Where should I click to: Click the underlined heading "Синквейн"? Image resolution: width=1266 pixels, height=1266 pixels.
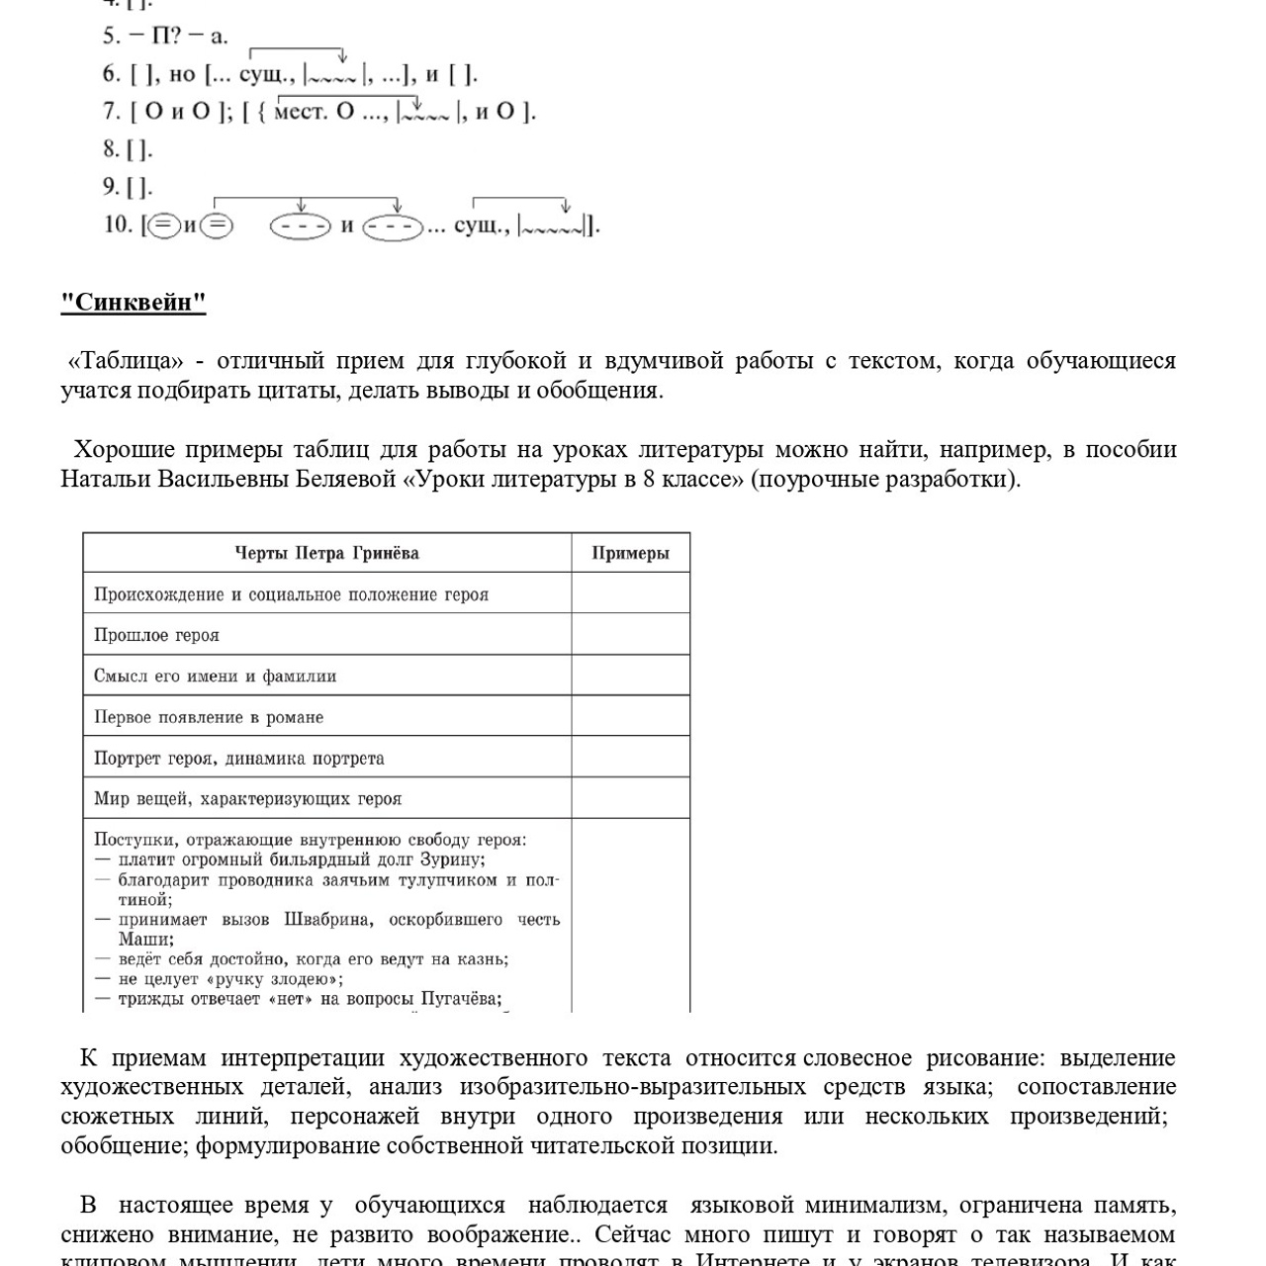134,303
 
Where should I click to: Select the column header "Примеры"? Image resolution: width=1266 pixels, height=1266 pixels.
630,553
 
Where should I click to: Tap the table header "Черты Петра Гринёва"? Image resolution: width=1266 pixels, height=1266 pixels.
326,553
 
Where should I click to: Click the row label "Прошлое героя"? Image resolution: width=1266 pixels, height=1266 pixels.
156,635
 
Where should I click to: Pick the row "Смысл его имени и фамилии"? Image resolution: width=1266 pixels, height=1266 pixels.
215,677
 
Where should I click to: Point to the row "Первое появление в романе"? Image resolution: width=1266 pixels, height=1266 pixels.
209,717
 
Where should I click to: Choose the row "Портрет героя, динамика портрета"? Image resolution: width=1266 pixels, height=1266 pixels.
238,759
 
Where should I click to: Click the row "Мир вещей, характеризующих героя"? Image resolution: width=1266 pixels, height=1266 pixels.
247,799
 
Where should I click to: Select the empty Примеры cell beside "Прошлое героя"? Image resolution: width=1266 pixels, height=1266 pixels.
630,635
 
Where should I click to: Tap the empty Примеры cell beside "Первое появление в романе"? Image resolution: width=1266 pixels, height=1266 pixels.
630,717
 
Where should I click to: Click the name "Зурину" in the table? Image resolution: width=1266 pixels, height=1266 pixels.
452,859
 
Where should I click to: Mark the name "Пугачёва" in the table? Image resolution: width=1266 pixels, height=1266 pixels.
461,999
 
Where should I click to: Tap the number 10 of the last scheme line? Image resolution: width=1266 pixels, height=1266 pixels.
118,225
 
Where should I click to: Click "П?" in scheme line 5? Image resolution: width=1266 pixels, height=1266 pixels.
165,37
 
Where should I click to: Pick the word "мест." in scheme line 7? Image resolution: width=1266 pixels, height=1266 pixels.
300,111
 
